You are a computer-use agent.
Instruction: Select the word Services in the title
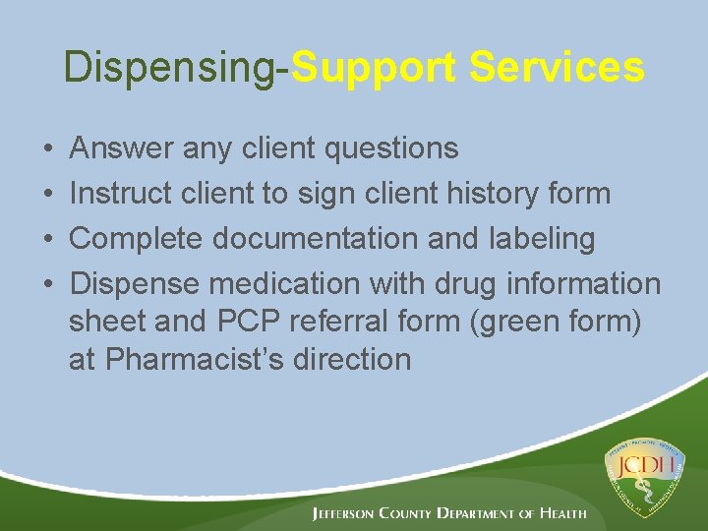click(557, 68)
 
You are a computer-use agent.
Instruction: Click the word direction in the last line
click(348, 359)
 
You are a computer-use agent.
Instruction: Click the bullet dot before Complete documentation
click(48, 239)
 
